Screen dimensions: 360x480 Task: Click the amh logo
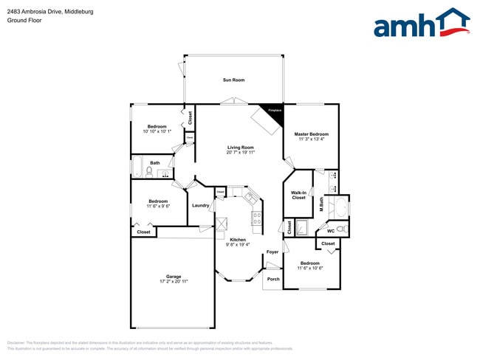point(421,24)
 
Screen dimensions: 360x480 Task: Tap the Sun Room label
point(233,80)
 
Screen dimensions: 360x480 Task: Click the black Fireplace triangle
point(273,109)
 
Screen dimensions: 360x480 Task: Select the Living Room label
point(241,148)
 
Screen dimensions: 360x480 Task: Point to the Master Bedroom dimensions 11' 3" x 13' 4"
point(313,139)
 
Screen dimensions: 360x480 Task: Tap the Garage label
point(173,277)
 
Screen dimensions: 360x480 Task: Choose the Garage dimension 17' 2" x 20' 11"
point(173,282)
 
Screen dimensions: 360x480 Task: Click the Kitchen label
point(237,240)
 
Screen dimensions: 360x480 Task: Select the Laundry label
point(199,205)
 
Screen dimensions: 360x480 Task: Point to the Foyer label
point(272,252)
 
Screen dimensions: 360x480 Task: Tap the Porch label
point(273,279)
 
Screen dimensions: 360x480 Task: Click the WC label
point(330,232)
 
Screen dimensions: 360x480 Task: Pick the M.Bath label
point(322,204)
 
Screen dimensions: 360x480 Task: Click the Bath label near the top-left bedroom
point(155,163)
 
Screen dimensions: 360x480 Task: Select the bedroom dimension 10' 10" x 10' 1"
point(157,131)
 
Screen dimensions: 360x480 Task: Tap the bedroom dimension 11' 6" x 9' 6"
point(158,207)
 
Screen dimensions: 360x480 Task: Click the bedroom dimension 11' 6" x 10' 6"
point(310,269)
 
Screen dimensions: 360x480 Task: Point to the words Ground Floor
point(24,21)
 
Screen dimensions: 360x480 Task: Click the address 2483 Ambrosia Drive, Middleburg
point(49,10)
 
